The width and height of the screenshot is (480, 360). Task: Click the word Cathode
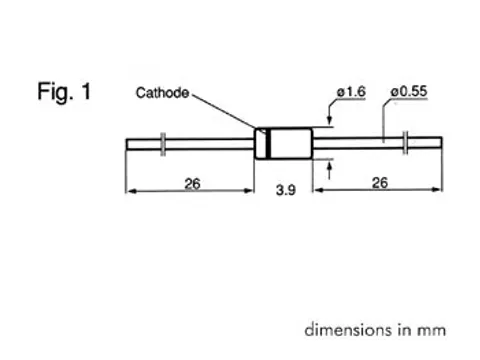[x=163, y=93]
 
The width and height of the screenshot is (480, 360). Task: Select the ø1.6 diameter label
[x=352, y=93]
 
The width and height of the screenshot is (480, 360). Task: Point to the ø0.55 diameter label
[x=409, y=93]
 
